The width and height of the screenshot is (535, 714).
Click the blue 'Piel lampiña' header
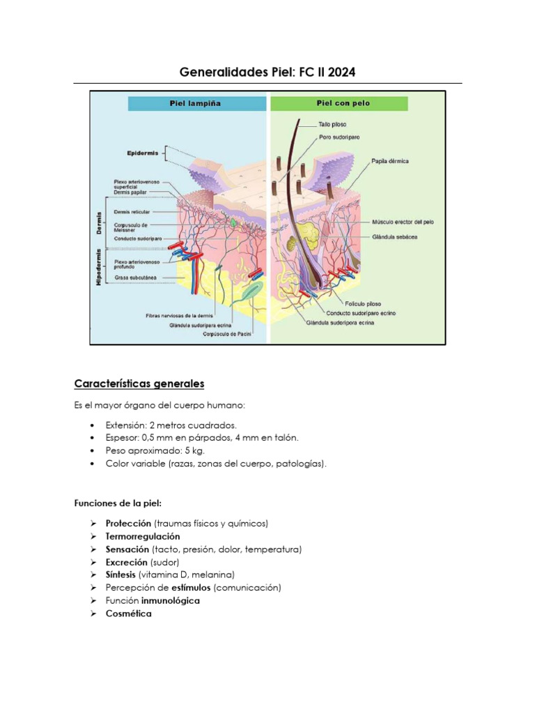tap(196, 103)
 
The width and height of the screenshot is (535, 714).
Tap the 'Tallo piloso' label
tap(332, 125)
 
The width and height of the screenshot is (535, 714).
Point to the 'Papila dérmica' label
tap(390, 161)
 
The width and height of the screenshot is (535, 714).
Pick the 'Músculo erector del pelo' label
tap(403, 222)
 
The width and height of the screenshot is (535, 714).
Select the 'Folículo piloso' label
tap(362, 304)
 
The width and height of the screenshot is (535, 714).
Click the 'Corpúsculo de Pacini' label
tap(226, 334)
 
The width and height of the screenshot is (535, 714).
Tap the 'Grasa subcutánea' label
tap(135, 278)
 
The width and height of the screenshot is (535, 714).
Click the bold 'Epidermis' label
tap(143, 152)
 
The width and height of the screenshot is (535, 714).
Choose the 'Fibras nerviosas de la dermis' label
tap(178, 316)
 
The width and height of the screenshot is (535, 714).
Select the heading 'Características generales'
tap(139, 384)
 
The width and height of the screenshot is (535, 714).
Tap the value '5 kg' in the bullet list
tap(186, 450)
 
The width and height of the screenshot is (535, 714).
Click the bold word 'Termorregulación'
tap(143, 536)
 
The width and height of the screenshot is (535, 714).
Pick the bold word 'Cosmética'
tap(128, 614)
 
